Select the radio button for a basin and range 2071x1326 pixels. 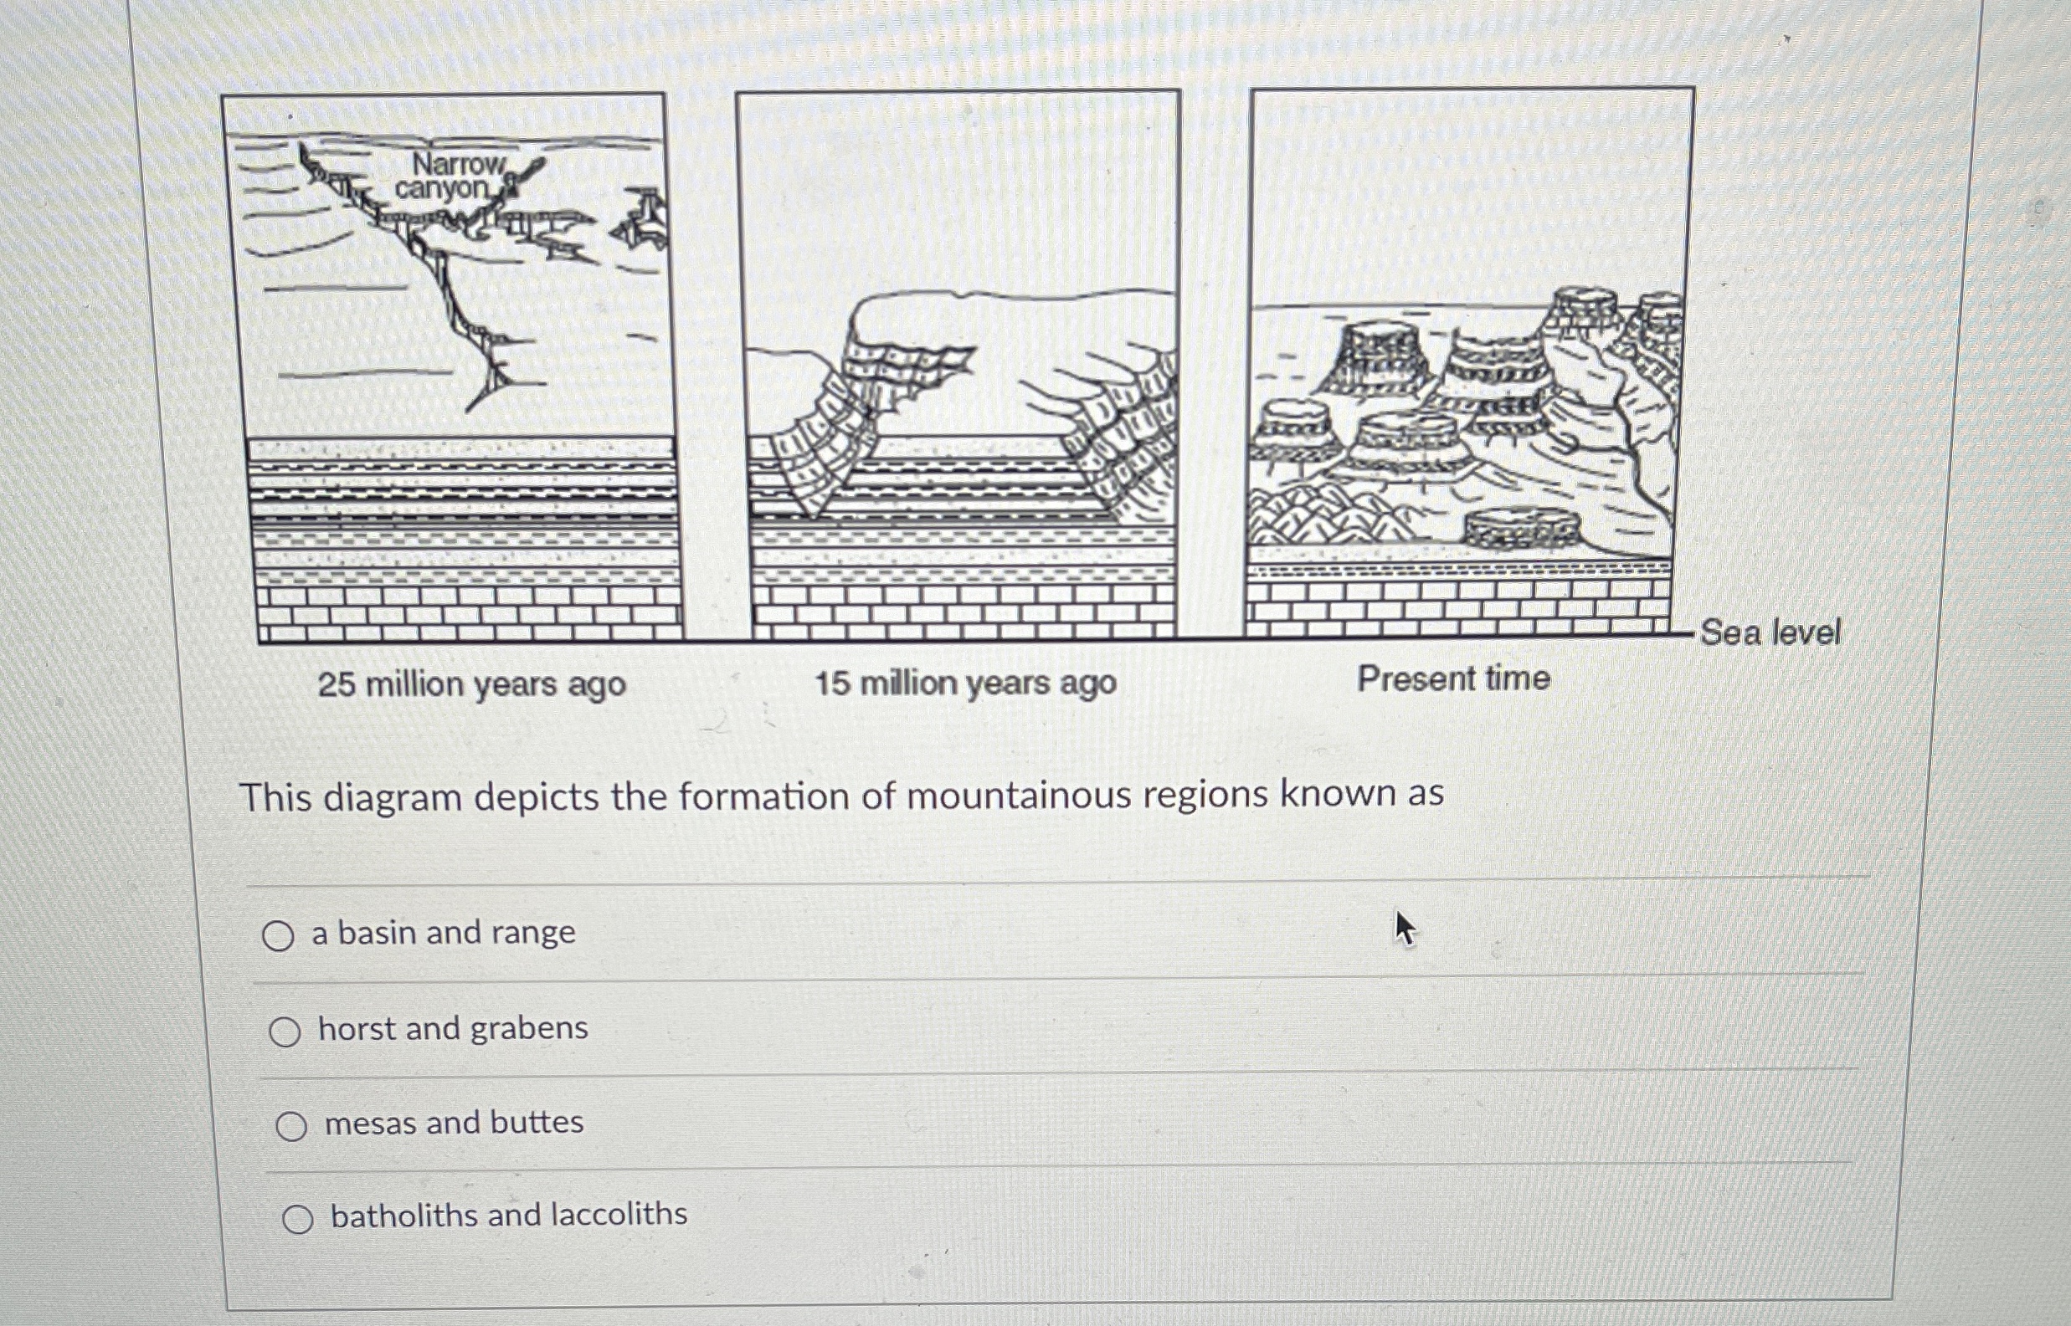click(277, 935)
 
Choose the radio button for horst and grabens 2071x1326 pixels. click(285, 1031)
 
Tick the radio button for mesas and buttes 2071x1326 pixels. click(291, 1125)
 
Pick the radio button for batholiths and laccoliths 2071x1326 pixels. click(297, 1218)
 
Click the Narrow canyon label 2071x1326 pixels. click(451, 175)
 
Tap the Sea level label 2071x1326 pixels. click(1770, 632)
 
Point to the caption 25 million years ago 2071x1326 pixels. click(472, 685)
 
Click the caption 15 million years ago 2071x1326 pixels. click(966, 683)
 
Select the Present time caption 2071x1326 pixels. click(1454, 678)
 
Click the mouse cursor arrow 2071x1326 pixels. click(1404, 929)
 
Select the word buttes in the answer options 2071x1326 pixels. click(537, 1122)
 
